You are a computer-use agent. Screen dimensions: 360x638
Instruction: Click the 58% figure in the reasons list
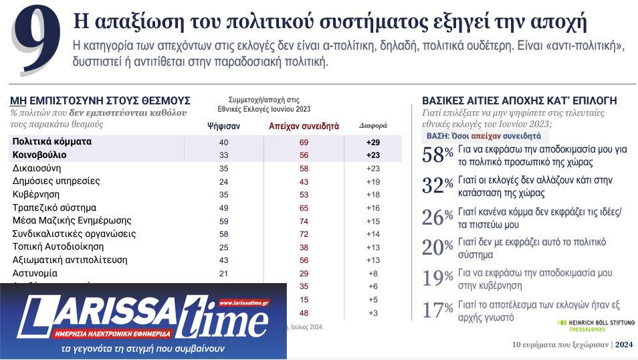437,155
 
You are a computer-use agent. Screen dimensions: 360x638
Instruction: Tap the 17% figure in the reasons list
437,310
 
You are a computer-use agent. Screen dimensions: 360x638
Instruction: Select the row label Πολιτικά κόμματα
52,142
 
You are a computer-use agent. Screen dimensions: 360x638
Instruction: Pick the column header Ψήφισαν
223,126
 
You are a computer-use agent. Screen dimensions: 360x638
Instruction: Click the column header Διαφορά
373,126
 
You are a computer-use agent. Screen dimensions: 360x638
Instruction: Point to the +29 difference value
373,142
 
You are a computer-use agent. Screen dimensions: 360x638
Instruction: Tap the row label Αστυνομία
35,273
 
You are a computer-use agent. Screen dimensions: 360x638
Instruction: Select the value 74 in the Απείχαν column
304,221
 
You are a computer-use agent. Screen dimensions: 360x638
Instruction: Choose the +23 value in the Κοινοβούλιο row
373,155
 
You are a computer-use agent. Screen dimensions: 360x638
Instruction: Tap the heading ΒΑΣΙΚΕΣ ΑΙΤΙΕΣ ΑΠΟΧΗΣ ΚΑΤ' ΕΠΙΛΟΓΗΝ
519,100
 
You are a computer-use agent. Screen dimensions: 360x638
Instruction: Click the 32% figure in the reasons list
437,186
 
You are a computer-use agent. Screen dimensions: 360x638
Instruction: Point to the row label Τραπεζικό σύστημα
54,207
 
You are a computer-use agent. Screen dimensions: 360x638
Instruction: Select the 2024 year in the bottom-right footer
623,345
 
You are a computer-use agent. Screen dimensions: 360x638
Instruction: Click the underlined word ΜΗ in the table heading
18,100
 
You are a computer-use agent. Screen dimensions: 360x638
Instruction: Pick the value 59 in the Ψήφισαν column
223,221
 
